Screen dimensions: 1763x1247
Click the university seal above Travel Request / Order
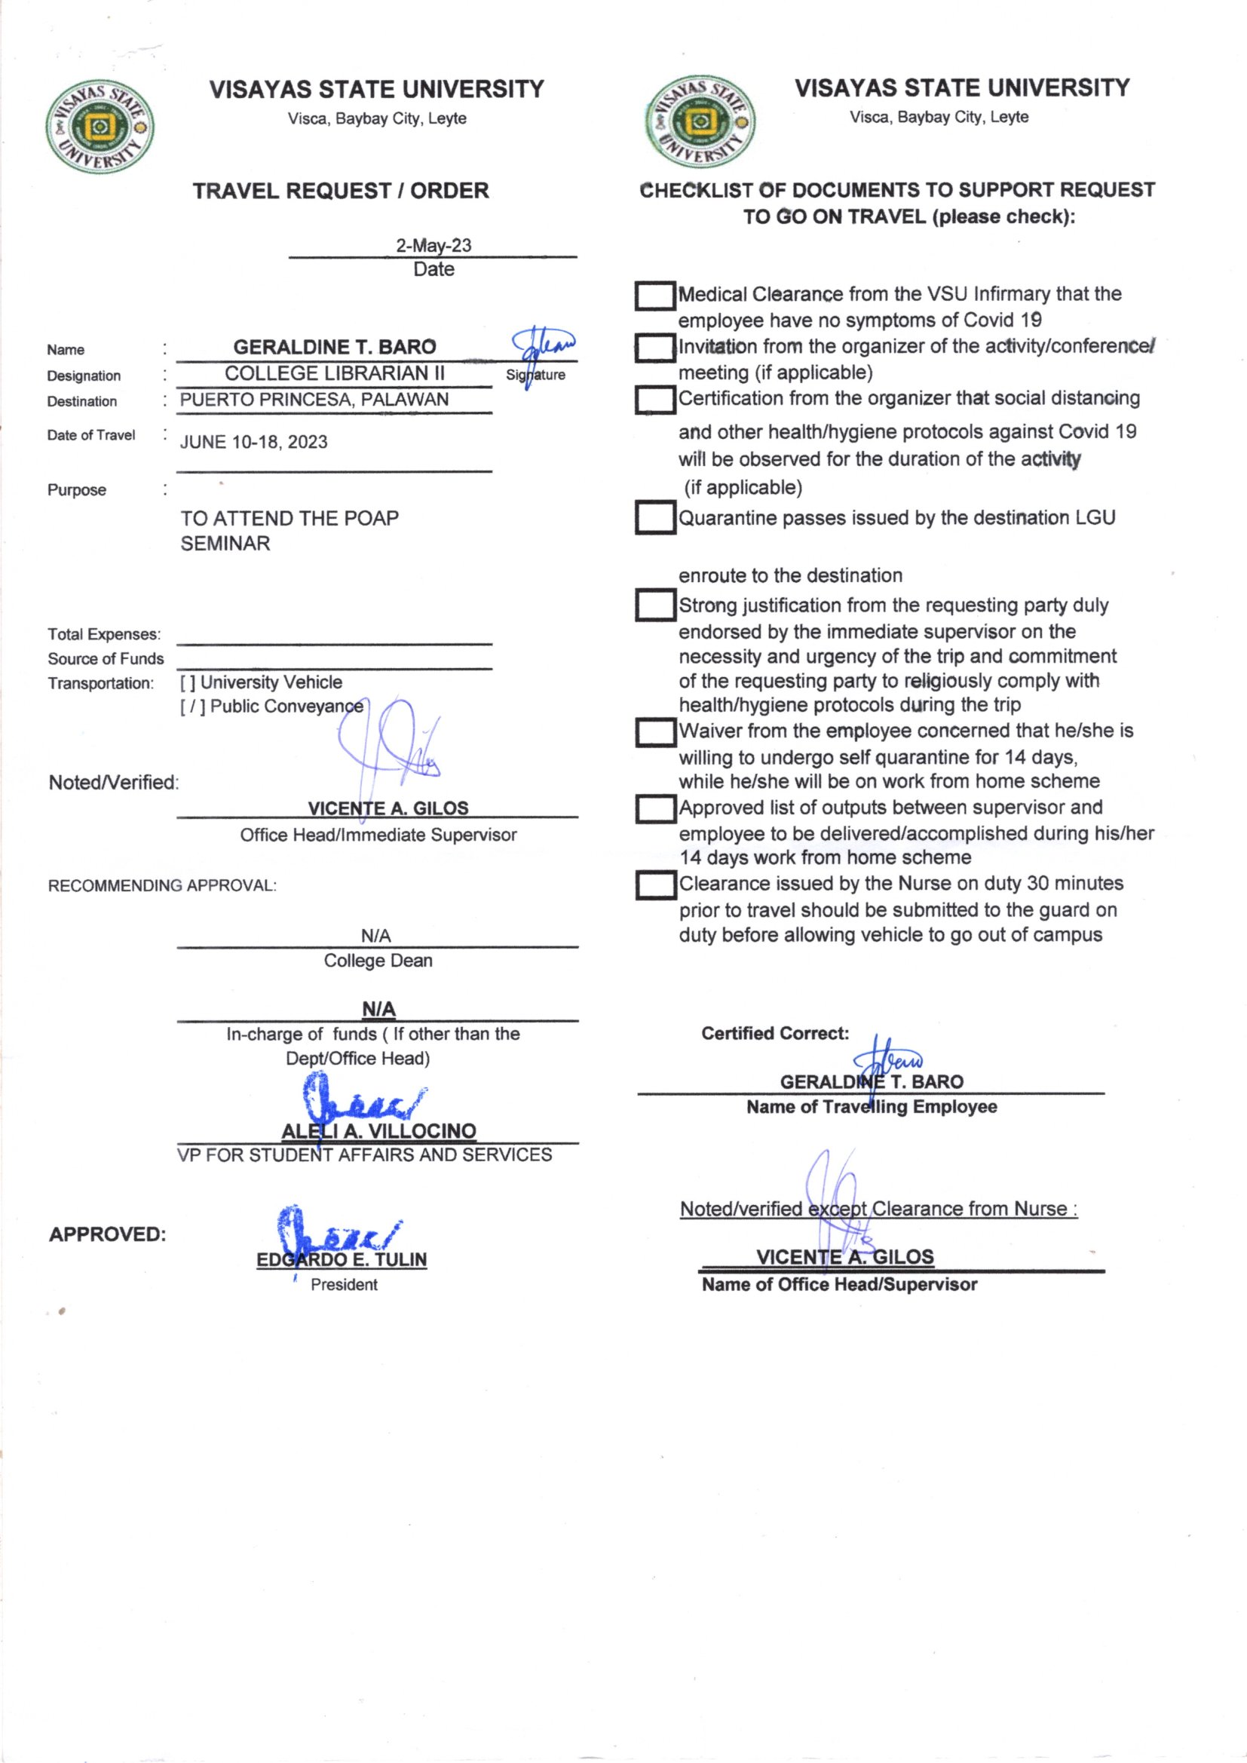click(100, 127)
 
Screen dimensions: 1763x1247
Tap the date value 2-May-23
click(433, 246)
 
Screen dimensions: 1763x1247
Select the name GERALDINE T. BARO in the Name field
click(334, 347)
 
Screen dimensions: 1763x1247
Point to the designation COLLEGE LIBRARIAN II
click(334, 374)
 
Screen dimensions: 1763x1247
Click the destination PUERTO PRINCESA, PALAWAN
click(314, 400)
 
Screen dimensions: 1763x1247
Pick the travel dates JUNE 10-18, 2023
click(253, 443)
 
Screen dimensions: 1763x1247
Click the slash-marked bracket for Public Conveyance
click(193, 707)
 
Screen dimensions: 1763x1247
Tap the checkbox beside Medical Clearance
click(654, 296)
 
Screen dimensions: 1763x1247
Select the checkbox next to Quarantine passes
click(654, 517)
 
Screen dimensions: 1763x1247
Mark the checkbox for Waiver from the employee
click(654, 732)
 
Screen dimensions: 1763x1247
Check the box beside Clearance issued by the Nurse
click(654, 885)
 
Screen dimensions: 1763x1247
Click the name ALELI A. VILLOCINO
click(378, 1131)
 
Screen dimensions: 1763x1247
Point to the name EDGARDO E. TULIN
click(342, 1260)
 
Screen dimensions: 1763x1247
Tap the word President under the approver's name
click(344, 1285)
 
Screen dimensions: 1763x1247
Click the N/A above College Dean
click(375, 936)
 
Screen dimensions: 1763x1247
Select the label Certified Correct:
click(775, 1034)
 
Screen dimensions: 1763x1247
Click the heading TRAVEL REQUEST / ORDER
click(340, 191)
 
